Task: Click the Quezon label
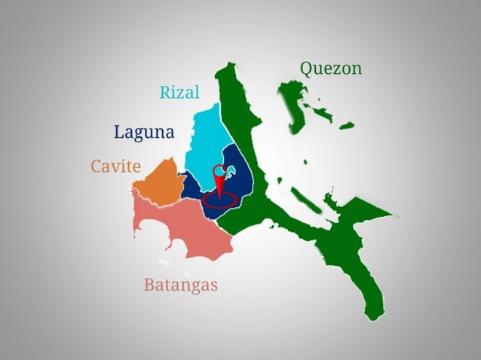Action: click(x=330, y=69)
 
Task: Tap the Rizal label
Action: click(x=179, y=93)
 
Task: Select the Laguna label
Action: click(x=144, y=132)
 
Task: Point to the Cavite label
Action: click(x=115, y=166)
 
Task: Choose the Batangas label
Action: click(x=180, y=285)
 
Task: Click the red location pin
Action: click(x=219, y=178)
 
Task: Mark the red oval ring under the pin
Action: click(x=219, y=201)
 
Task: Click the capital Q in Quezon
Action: click(x=308, y=69)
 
